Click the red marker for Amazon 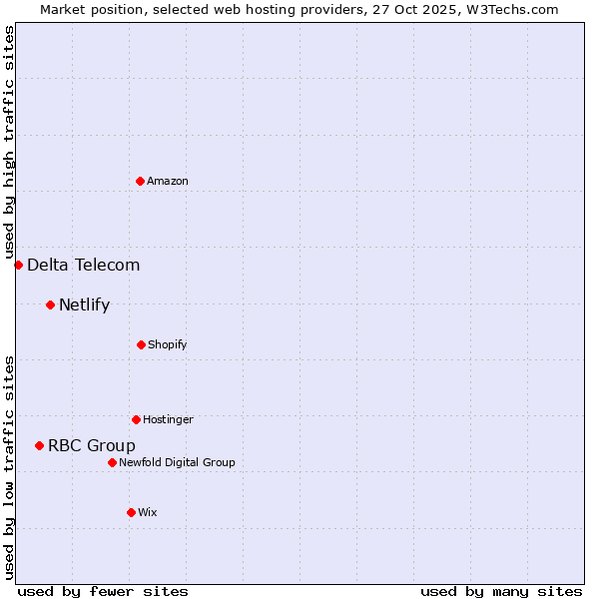click(x=140, y=181)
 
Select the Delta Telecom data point click(x=18, y=265)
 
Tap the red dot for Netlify click(x=50, y=304)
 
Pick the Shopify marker click(x=141, y=344)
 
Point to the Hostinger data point click(x=136, y=419)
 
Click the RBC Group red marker click(x=39, y=445)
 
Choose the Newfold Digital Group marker click(x=112, y=462)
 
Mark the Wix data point click(x=131, y=512)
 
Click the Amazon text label click(x=168, y=181)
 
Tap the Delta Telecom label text click(x=84, y=265)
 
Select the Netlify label click(x=85, y=304)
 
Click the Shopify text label click(x=168, y=344)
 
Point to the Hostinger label click(x=168, y=419)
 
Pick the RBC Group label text click(x=92, y=445)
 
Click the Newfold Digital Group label click(x=178, y=462)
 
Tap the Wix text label click(x=148, y=512)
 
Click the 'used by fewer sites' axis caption click(x=103, y=591)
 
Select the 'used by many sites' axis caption click(x=501, y=591)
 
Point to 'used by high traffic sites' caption click(x=9, y=142)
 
